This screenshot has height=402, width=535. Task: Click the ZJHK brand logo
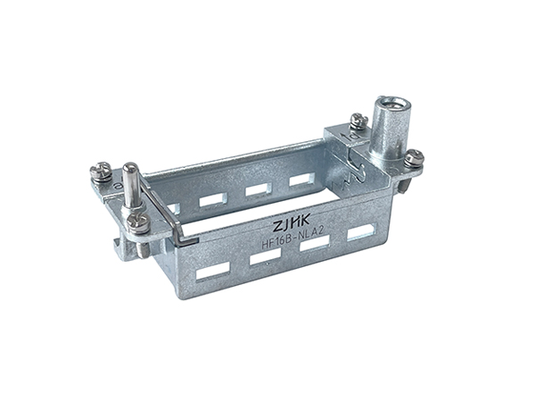291,223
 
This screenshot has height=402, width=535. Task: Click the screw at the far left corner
101,171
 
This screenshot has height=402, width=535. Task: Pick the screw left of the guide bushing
358,120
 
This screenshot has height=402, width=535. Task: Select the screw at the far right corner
414,159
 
